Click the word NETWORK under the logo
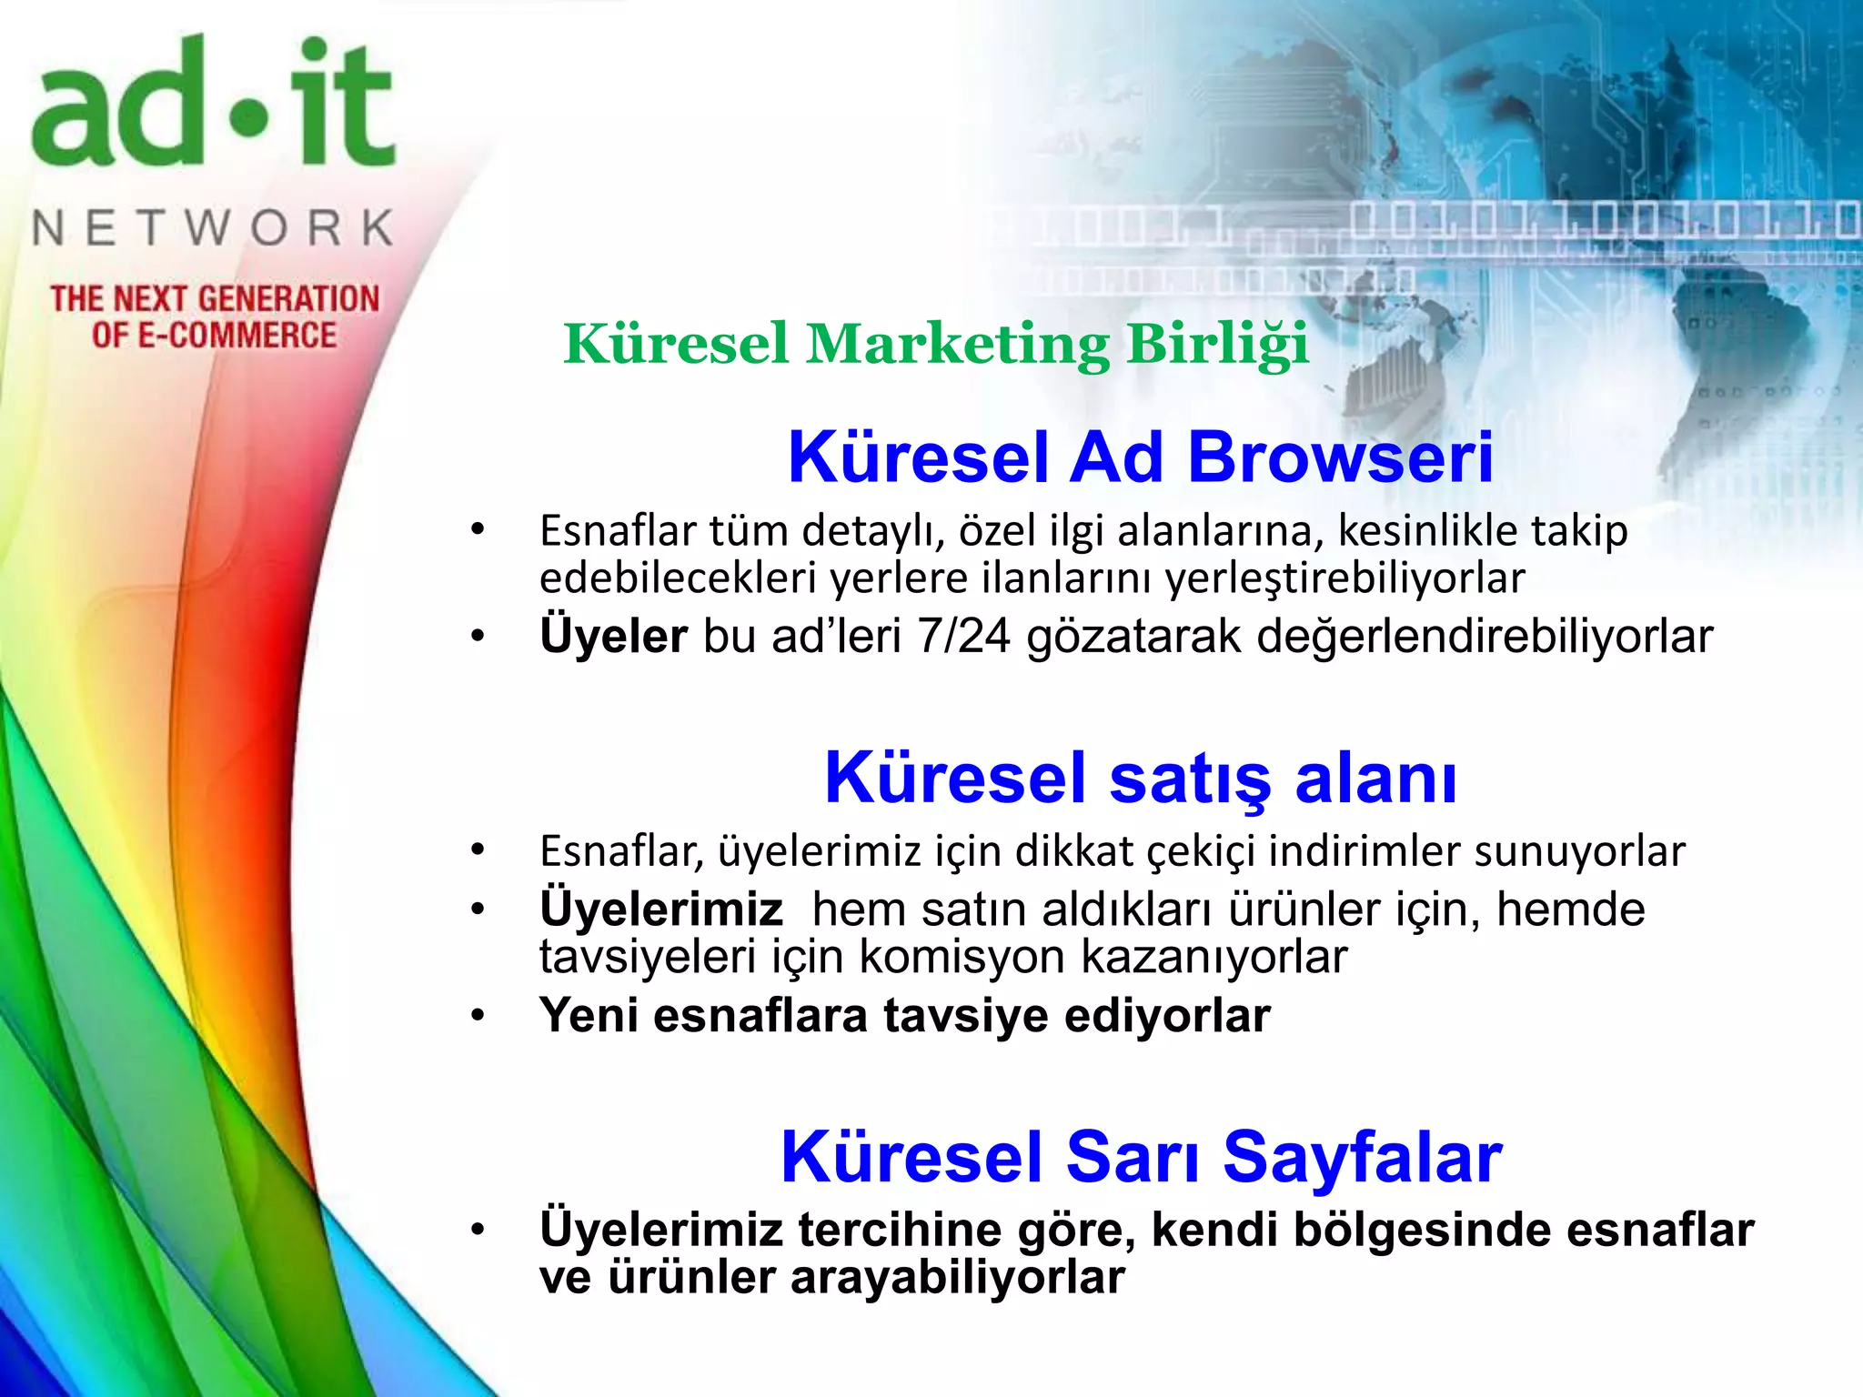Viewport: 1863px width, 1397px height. click(x=213, y=227)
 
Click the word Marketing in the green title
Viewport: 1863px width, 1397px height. click(x=958, y=345)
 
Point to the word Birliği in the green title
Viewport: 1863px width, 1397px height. click(x=1218, y=345)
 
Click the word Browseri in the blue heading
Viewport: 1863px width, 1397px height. click(x=1340, y=457)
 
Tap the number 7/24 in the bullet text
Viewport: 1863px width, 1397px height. click(x=963, y=635)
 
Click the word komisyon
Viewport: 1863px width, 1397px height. click(x=962, y=956)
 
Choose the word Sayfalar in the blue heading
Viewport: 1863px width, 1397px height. click(x=1362, y=1157)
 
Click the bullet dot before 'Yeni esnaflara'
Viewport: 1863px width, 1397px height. click(x=478, y=1015)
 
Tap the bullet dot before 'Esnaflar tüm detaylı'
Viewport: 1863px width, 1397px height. click(x=478, y=529)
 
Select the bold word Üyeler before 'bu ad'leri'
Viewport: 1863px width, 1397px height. click(x=613, y=635)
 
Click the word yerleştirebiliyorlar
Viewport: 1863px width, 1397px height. click(x=1344, y=578)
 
